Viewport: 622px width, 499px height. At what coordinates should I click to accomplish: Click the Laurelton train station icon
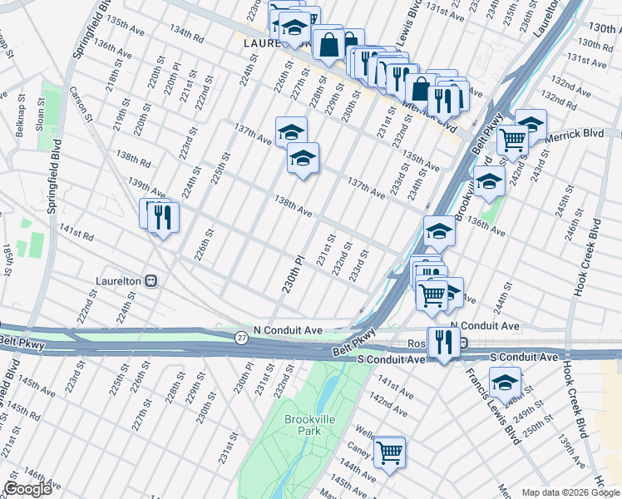click(151, 280)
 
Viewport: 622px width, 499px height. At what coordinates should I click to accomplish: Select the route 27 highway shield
click(240, 337)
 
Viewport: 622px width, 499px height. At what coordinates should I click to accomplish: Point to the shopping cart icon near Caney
click(389, 452)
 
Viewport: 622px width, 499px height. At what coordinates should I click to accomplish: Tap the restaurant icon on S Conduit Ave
click(443, 341)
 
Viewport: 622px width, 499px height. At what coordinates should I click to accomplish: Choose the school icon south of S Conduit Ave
click(505, 382)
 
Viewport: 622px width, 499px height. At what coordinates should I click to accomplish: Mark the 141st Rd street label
click(77, 235)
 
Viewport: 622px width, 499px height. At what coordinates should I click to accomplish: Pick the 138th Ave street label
click(293, 208)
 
